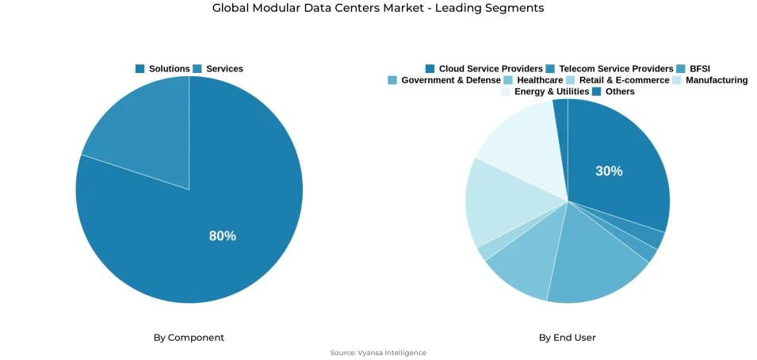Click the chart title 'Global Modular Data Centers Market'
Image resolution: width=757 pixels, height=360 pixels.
point(378,8)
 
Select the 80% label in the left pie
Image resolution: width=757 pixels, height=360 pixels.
point(222,236)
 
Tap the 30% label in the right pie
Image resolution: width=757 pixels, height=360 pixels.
point(609,170)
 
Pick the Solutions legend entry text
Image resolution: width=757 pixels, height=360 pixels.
point(169,69)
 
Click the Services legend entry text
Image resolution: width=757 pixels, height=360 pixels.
point(224,69)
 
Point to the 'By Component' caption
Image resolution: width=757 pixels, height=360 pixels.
point(189,338)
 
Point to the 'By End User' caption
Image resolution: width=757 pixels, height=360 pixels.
point(567,338)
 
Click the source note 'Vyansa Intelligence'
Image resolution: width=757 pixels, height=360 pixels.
point(378,353)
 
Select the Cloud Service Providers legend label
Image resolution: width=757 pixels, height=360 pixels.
point(491,69)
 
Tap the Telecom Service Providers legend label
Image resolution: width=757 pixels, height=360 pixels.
point(616,69)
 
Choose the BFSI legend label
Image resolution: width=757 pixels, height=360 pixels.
point(700,69)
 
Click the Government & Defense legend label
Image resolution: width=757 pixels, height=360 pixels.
point(450,80)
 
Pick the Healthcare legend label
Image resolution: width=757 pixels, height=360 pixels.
point(540,80)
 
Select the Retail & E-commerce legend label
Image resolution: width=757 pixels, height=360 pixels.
point(624,80)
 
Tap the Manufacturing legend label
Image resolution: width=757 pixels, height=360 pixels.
point(717,80)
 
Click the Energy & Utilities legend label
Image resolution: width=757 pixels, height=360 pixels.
point(552,91)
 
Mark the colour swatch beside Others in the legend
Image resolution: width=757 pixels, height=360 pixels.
point(597,91)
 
